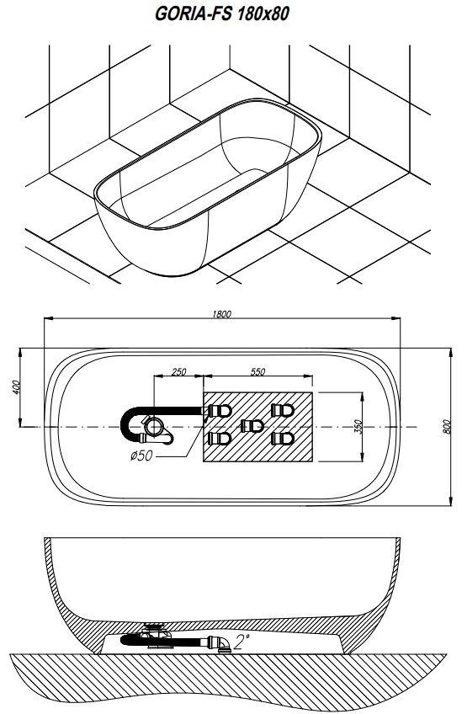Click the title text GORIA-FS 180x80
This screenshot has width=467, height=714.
click(x=221, y=14)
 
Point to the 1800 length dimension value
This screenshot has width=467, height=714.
click(x=221, y=314)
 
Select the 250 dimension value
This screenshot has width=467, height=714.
click(x=178, y=371)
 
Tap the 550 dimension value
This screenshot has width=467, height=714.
click(x=257, y=371)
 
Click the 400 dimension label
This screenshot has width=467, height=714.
click(x=16, y=387)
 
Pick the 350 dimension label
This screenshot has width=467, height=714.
click(x=358, y=427)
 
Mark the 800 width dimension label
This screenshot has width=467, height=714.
click(x=447, y=427)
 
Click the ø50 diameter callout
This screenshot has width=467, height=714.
click(x=141, y=455)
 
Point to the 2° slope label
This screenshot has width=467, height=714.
click(x=241, y=642)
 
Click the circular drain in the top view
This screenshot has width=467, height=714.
click(x=154, y=427)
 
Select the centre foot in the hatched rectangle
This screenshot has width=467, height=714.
click(x=252, y=426)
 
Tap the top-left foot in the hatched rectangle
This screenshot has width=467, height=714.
click(x=220, y=411)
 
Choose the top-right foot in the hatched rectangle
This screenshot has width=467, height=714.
click(x=283, y=410)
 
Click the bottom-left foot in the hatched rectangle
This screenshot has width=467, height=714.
click(x=220, y=439)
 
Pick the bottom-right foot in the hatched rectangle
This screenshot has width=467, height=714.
click(x=283, y=439)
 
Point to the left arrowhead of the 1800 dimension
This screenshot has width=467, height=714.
click(x=48, y=317)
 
